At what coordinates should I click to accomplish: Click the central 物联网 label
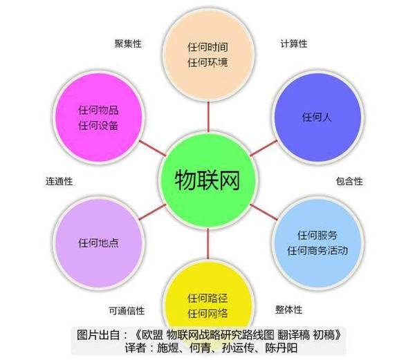(x=207, y=180)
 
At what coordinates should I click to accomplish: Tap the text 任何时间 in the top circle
(x=207, y=47)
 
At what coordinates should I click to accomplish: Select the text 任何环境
(x=207, y=63)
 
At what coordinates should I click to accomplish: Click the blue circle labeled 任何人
(x=317, y=117)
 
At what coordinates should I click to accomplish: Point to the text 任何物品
(x=98, y=110)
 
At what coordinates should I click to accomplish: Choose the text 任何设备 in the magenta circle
(x=98, y=125)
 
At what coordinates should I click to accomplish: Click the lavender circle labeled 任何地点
(x=98, y=243)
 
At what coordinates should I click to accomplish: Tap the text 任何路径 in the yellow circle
(x=207, y=298)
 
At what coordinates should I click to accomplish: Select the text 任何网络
(x=207, y=314)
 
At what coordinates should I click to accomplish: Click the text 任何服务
(x=317, y=235)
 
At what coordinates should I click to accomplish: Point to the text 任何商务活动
(x=317, y=250)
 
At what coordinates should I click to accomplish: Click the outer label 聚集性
(x=128, y=44)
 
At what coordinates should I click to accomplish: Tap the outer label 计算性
(x=294, y=44)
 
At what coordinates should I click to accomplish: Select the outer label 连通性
(x=59, y=181)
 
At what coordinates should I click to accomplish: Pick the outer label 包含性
(x=349, y=181)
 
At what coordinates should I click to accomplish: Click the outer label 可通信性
(x=127, y=310)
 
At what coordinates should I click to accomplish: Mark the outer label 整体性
(x=288, y=310)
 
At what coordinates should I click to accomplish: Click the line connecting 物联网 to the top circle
(x=208, y=117)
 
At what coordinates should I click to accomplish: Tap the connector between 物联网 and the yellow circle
(x=207, y=244)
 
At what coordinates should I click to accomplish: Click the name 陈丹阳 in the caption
(x=281, y=348)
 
